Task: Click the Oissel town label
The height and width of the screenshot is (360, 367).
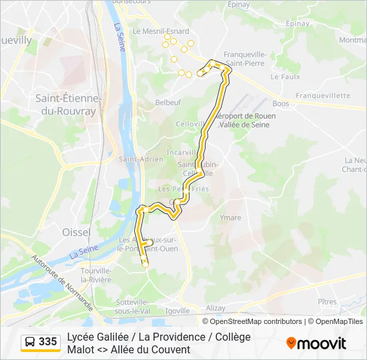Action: [x=75, y=231]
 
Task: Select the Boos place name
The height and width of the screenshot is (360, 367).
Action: [x=281, y=104]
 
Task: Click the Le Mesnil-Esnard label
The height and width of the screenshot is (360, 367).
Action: [x=161, y=31]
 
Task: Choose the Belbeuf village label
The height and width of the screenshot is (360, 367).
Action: [x=167, y=103]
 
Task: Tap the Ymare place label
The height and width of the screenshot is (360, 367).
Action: [x=230, y=217]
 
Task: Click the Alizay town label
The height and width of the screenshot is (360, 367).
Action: [x=216, y=308]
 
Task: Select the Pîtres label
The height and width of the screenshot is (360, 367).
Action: [x=327, y=302]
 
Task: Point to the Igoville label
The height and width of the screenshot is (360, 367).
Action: [x=178, y=311]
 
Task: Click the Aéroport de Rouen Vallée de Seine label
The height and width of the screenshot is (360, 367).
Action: [x=247, y=120]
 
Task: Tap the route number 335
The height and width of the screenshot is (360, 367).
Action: [x=48, y=342]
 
